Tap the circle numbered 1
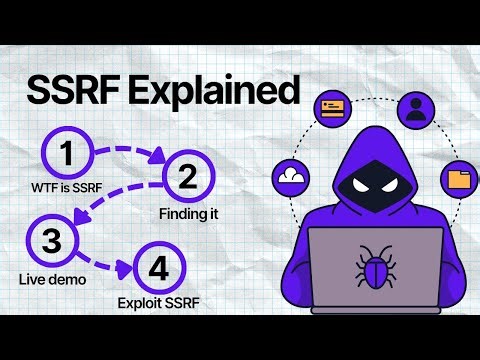(67, 155)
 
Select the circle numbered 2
(187, 179)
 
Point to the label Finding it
(187, 214)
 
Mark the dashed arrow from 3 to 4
(95, 262)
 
